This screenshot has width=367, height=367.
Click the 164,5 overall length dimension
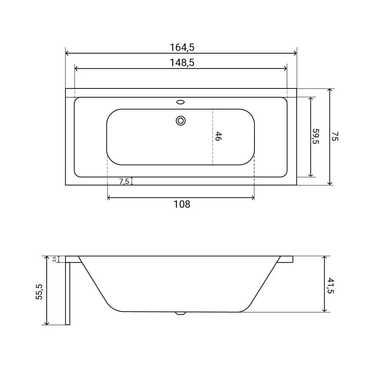[x=182, y=47]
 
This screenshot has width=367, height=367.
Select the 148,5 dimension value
[x=182, y=63]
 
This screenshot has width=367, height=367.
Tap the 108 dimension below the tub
[x=182, y=204]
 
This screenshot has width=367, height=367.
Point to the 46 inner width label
[x=218, y=136]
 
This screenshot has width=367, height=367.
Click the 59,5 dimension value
[x=316, y=137]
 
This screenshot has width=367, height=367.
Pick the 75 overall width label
[x=335, y=136]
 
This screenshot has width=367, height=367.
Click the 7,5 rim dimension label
[x=124, y=181]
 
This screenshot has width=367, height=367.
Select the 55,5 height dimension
[x=39, y=292]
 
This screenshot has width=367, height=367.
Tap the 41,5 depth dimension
[x=331, y=286]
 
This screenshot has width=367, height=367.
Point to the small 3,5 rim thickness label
[x=54, y=259]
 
